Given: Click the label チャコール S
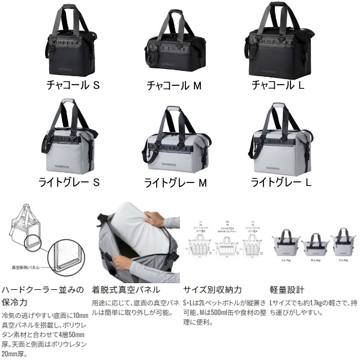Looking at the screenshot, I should click(x=73, y=86).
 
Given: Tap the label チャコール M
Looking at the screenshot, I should click(x=174, y=86).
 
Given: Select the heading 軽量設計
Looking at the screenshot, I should click(x=288, y=289).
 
